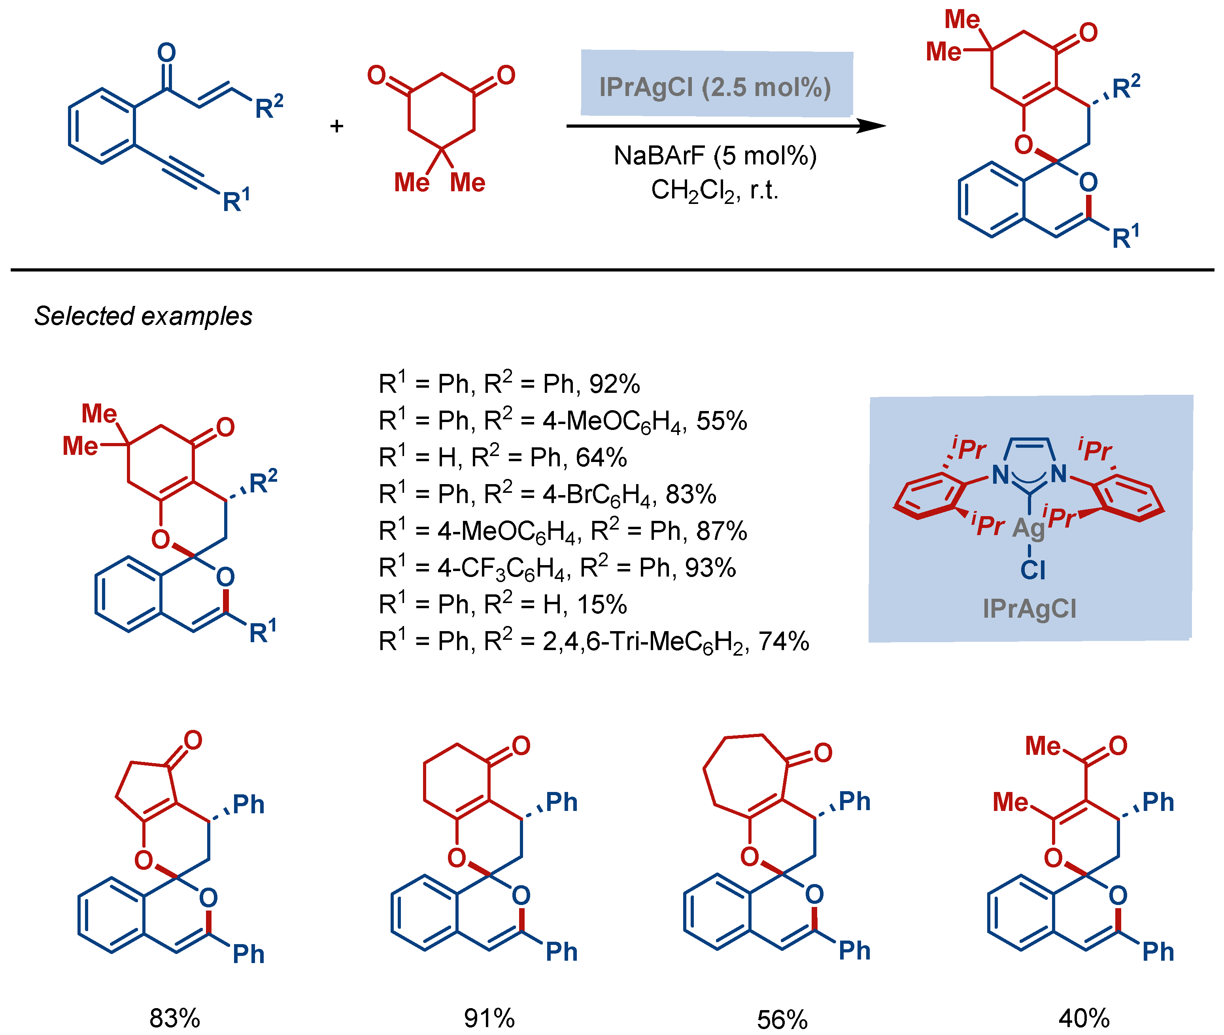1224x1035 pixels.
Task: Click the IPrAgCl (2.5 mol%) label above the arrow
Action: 715,87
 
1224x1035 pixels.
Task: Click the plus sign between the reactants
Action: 336,126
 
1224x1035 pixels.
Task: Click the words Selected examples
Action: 143,316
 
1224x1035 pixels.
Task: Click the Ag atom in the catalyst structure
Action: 1029,528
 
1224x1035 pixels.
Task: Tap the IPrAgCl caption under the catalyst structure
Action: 1030,609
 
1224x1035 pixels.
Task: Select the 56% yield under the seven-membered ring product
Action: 782,1019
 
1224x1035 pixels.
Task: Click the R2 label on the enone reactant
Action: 269,107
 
